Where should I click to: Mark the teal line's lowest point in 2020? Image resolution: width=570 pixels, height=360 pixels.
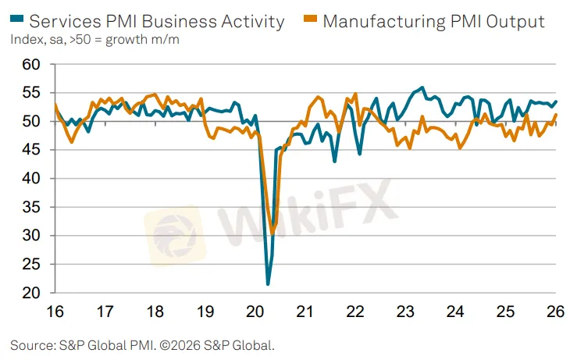(x=268, y=283)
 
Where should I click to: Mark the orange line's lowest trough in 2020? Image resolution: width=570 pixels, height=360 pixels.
(x=273, y=231)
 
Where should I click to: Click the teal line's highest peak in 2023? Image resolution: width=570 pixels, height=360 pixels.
(x=422, y=87)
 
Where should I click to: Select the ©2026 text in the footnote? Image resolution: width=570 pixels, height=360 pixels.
(x=180, y=344)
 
